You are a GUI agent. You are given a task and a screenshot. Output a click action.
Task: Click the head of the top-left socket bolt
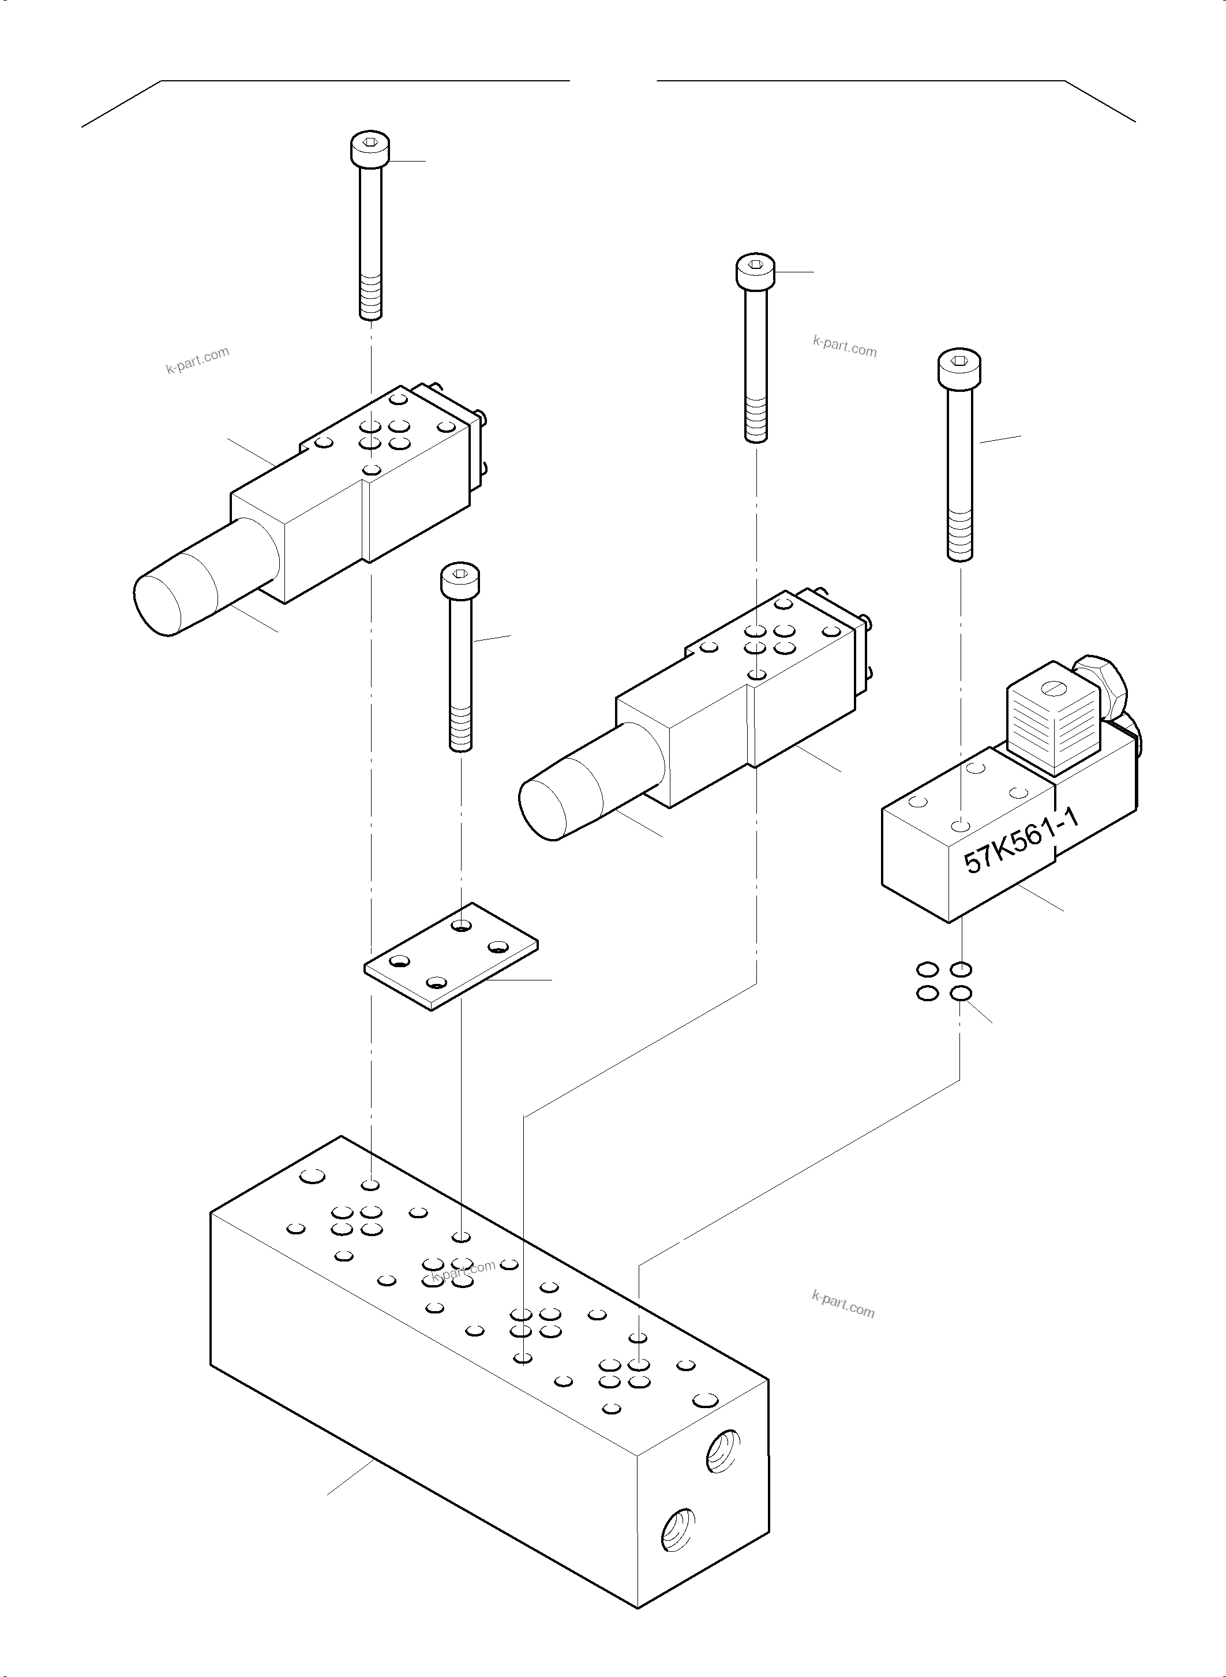370,149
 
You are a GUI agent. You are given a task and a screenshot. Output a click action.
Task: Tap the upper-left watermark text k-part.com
197,360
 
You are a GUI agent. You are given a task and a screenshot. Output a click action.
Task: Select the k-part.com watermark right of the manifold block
843,1304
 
